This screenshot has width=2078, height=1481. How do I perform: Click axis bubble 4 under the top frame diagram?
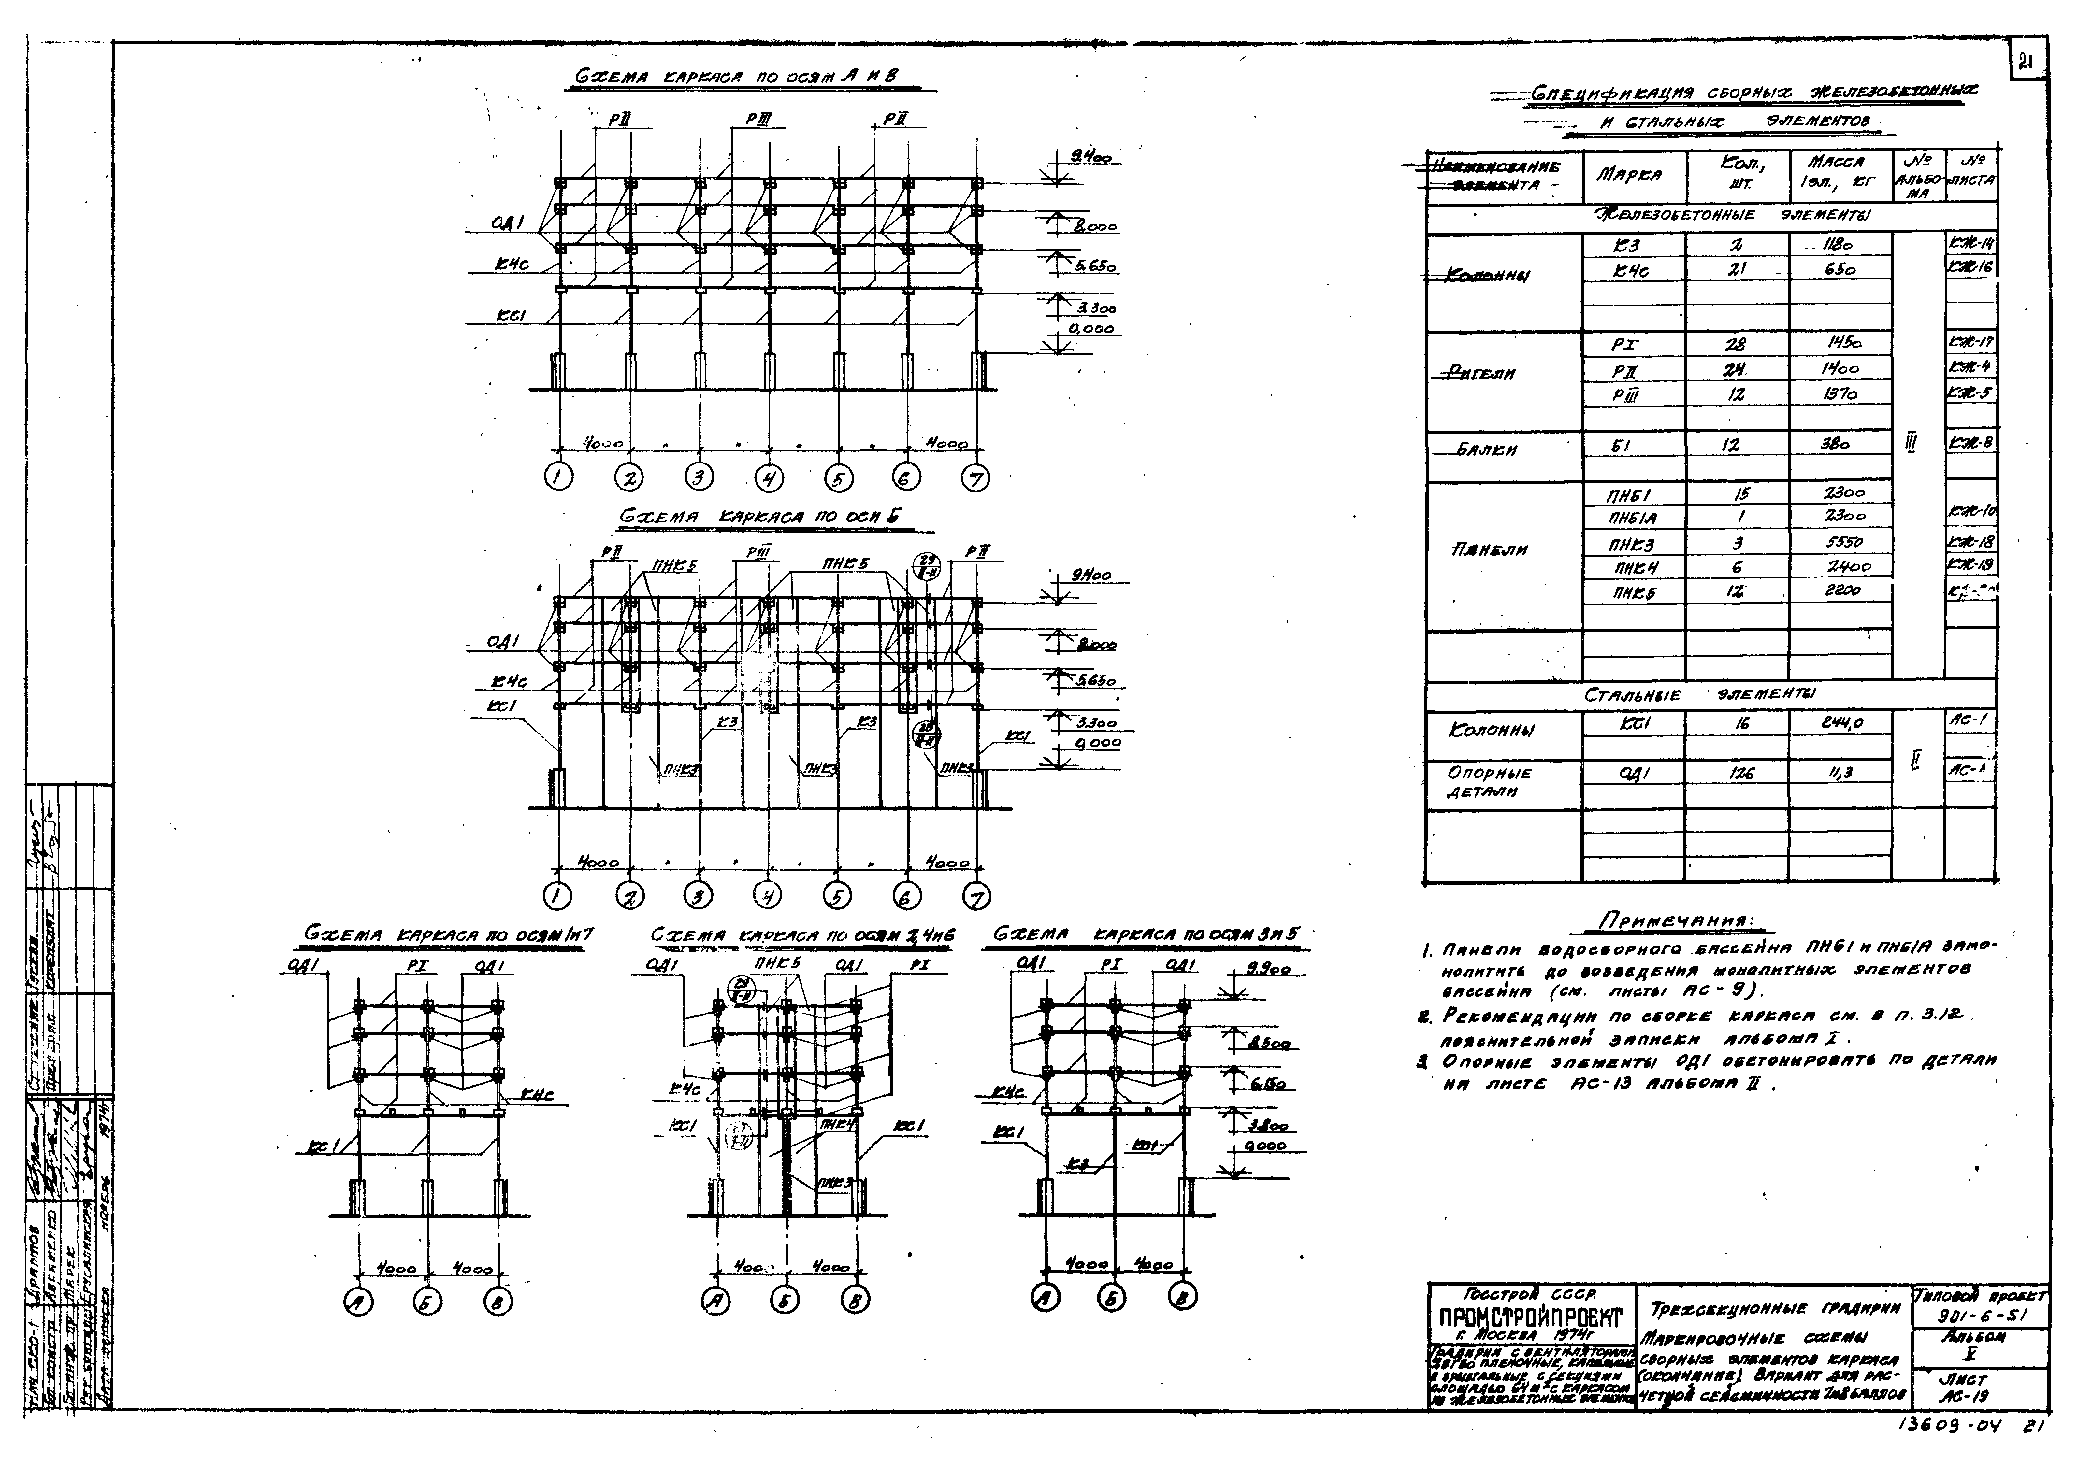769,477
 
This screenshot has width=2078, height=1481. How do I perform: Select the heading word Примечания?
1680,921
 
